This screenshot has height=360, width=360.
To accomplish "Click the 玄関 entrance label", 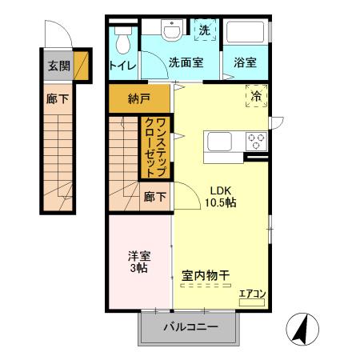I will coord(58,66).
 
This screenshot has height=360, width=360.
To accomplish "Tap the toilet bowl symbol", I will coord(122,38).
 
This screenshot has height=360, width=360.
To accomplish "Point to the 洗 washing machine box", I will coord(204,30).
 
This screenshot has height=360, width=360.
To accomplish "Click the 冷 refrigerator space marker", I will coord(256,95).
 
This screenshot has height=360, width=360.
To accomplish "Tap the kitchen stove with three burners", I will coord(257,141).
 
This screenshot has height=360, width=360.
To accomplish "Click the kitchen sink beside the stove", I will coord(220,142).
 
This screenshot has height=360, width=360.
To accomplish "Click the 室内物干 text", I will coord(206,274).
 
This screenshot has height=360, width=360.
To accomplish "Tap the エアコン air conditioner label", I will coord(252,294).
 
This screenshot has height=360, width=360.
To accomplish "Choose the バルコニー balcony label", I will coord(190,326).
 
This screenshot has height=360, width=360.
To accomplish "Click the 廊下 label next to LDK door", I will coord(155,197).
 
